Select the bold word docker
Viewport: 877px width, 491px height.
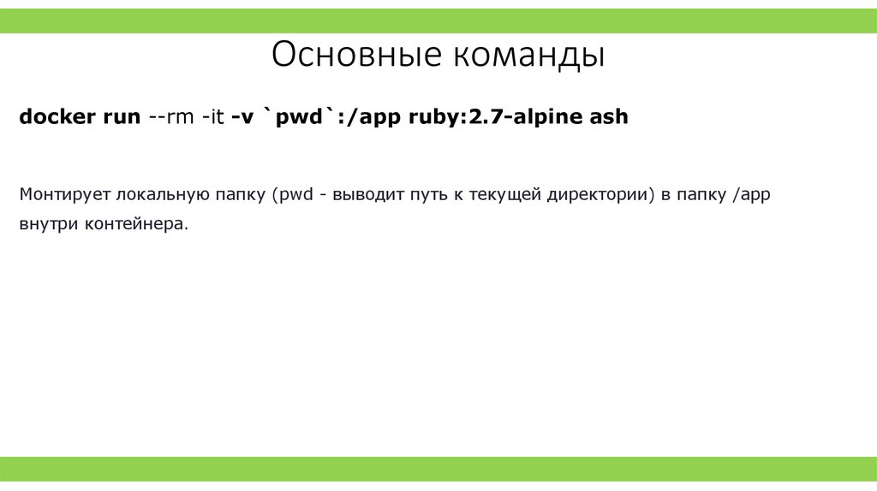pyautogui.click(x=57, y=117)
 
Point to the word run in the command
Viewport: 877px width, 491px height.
pyautogui.click(x=122, y=117)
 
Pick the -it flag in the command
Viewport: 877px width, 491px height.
pyautogui.click(x=213, y=117)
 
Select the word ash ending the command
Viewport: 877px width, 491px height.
pyautogui.click(x=609, y=117)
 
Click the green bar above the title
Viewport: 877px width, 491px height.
pyautogui.click(x=438, y=21)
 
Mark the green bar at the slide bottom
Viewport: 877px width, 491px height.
pyautogui.click(x=438, y=468)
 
